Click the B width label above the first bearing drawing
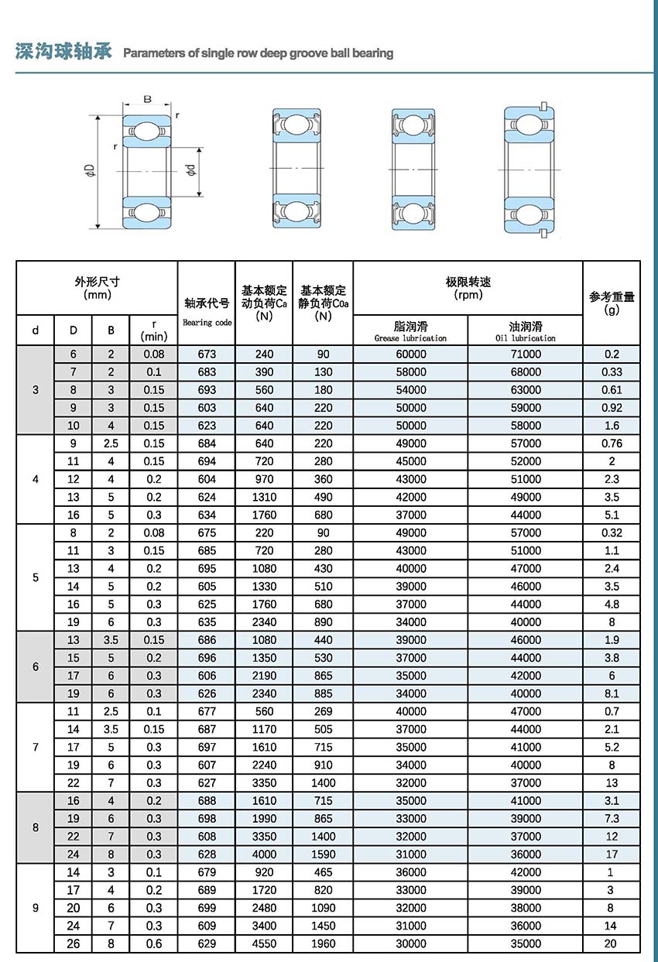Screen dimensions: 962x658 pyautogui.click(x=147, y=98)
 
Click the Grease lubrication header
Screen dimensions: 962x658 pyautogui.click(x=410, y=331)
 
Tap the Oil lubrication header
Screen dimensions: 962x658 pyautogui.click(x=525, y=331)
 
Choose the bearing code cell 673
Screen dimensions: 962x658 pyautogui.click(x=207, y=354)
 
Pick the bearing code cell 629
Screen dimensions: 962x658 pyautogui.click(x=207, y=943)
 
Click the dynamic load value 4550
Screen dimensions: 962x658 pyautogui.click(x=264, y=943)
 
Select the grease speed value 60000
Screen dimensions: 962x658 pyautogui.click(x=410, y=354)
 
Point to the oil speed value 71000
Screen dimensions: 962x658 pyautogui.click(x=526, y=354)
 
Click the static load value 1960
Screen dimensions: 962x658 pyautogui.click(x=323, y=943)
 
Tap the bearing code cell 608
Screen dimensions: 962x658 pyautogui.click(x=207, y=837)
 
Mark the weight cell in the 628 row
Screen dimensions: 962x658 pyautogui.click(x=612, y=854)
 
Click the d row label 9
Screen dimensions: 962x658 pyautogui.click(x=36, y=908)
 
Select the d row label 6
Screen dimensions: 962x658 pyautogui.click(x=36, y=666)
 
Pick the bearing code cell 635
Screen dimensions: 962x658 pyautogui.click(x=207, y=622)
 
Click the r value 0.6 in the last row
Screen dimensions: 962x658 pyautogui.click(x=154, y=943)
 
